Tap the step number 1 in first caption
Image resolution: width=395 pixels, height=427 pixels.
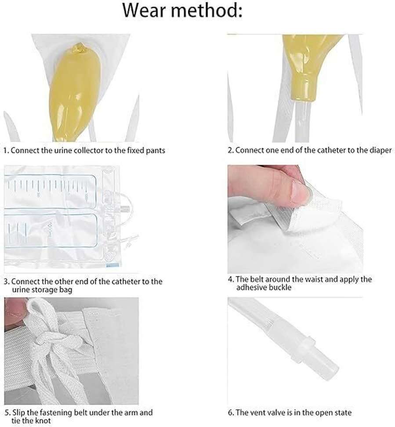6,150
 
